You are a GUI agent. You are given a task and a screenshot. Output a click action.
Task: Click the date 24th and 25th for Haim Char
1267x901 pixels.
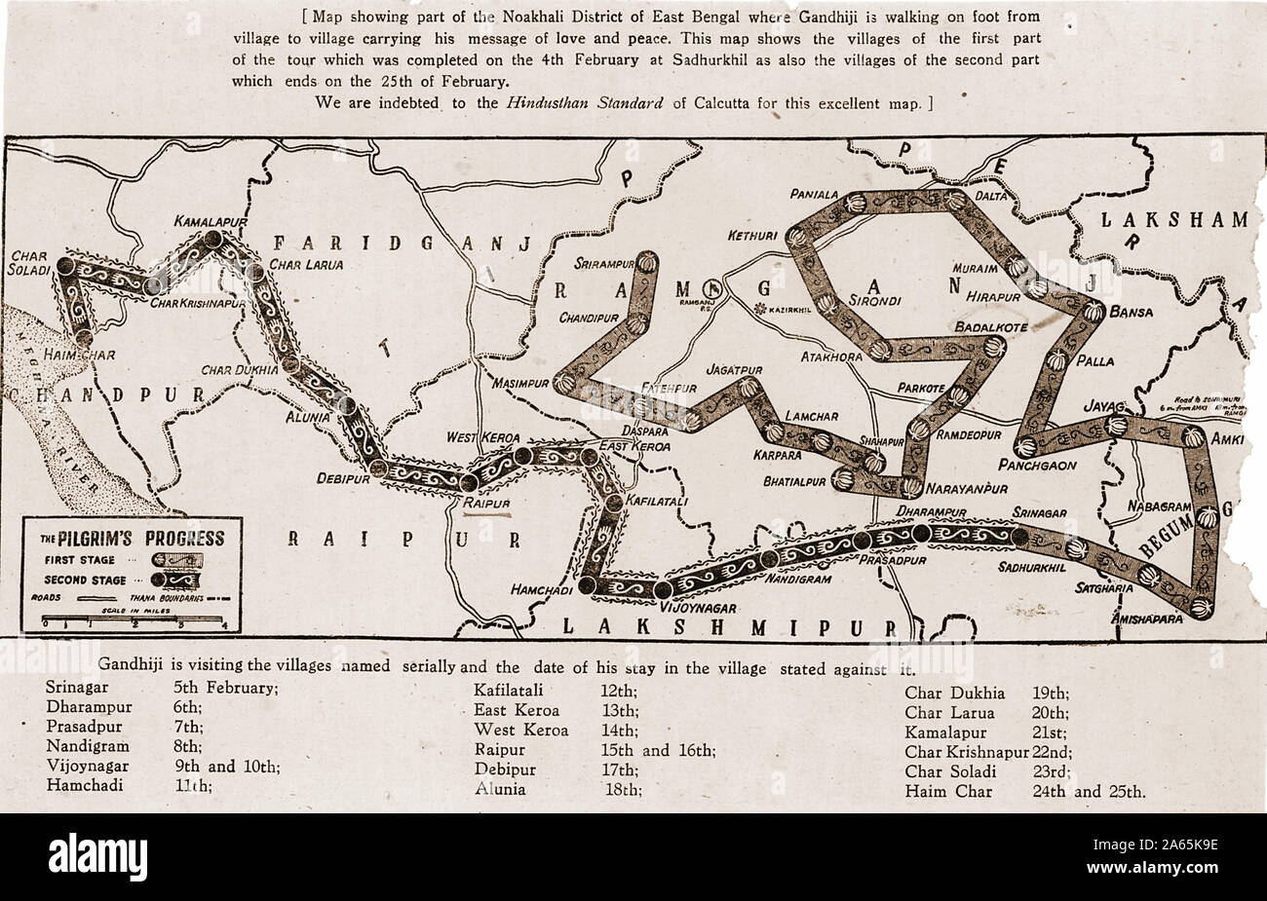click(x=1088, y=791)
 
